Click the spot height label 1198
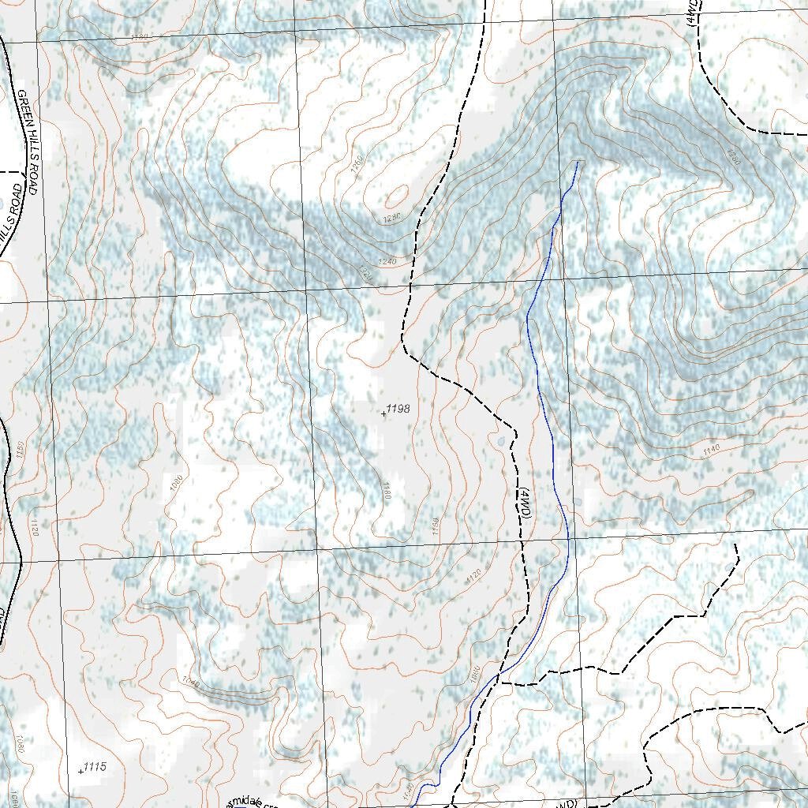tap(398, 409)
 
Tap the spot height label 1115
tap(95, 766)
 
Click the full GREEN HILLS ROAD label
tap(28, 143)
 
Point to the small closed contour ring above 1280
tap(397, 195)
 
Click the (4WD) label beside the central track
tap(526, 503)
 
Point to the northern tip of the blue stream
tap(578, 162)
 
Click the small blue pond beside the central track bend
tap(500, 440)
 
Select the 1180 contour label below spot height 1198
tap(387, 489)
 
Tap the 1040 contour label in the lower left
tap(189, 680)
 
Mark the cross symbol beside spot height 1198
tap(383, 413)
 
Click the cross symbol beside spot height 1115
tap(81, 771)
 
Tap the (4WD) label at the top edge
tap(693, 13)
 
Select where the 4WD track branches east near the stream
tap(502, 683)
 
